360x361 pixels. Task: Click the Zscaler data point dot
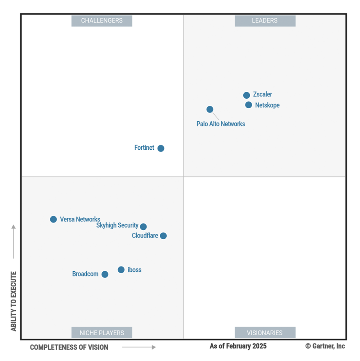click(x=246, y=95)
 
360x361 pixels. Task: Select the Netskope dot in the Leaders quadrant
click(x=248, y=105)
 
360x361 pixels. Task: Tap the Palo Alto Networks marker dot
click(x=210, y=109)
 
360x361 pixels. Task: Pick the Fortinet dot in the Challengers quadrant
click(x=161, y=148)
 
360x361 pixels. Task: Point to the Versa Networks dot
click(x=53, y=219)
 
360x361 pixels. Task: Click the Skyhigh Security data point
click(x=143, y=226)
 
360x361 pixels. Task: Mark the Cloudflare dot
click(x=163, y=236)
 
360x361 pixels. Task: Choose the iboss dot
click(x=121, y=270)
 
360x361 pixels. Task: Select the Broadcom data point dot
click(x=105, y=274)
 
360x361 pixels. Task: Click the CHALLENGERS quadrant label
click(x=102, y=21)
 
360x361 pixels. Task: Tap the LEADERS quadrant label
click(x=265, y=21)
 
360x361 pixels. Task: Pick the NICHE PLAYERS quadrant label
click(x=102, y=333)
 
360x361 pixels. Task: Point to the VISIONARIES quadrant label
click(x=265, y=333)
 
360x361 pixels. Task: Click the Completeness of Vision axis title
click(x=69, y=347)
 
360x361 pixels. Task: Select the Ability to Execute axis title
click(x=14, y=301)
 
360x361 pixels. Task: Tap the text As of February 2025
click(x=238, y=346)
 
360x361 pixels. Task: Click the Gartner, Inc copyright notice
click(x=325, y=346)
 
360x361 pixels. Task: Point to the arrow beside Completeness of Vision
click(x=139, y=347)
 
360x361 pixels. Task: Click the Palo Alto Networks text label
click(x=221, y=124)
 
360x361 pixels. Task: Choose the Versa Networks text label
click(x=80, y=219)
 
